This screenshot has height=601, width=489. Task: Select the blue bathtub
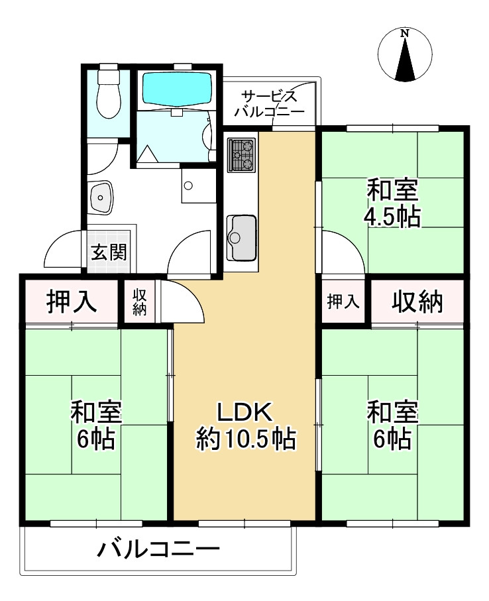(177, 87)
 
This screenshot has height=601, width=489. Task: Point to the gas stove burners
(241, 155)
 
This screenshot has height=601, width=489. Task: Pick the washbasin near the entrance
(101, 197)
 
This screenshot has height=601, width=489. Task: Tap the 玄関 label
(109, 252)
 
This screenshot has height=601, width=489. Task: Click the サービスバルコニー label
(270, 103)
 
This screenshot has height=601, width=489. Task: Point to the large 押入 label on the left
(72, 301)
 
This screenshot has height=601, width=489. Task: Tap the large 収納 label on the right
(417, 301)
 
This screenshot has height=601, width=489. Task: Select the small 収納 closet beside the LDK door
(140, 301)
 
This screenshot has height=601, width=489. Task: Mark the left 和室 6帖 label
(96, 425)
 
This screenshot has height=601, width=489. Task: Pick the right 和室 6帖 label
(393, 425)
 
